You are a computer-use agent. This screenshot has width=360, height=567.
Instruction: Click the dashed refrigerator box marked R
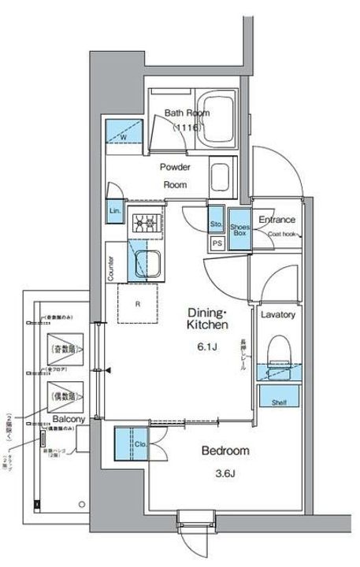point(139,302)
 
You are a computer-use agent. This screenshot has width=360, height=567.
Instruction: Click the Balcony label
point(69,420)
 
